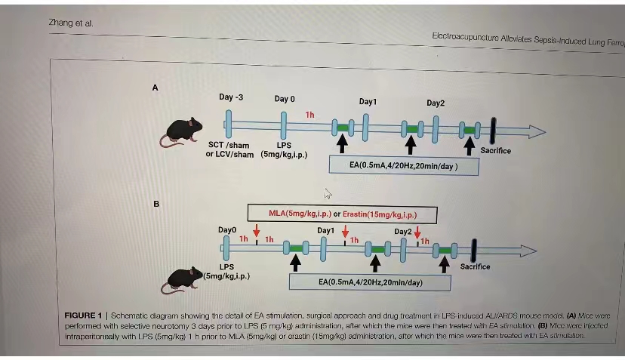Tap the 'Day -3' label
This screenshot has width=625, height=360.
231,97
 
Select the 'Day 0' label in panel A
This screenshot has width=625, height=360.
285,99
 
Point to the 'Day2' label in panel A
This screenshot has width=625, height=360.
436,103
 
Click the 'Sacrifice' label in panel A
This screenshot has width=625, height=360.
495,150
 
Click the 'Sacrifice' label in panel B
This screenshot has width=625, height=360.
475,266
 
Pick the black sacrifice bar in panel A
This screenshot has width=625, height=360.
492,129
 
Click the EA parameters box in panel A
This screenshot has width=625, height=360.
404,165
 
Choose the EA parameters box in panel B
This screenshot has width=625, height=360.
370,282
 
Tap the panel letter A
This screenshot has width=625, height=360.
155,88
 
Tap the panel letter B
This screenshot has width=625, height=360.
155,203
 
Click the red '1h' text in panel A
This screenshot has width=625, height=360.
309,115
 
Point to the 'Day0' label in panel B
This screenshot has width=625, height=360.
227,229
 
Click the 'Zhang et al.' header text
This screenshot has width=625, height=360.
71,23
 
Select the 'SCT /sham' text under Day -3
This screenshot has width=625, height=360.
229,145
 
